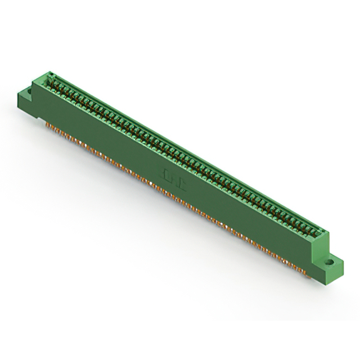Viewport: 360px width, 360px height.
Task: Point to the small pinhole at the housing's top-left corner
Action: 49,74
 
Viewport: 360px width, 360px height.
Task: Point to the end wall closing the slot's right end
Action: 322,232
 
